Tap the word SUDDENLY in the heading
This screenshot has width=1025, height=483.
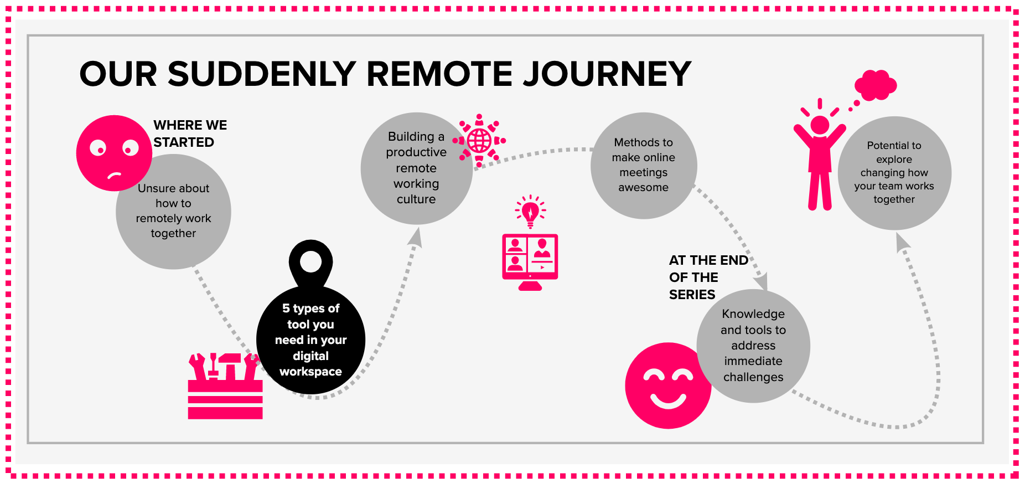262,74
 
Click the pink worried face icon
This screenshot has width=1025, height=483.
114,153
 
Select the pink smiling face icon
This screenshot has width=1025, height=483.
668,386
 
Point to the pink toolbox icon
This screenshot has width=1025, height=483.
225,386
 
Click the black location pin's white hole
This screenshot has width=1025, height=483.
310,261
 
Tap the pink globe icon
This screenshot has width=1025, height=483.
479,141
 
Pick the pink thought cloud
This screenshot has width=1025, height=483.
876,86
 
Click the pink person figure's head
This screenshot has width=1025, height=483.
820,125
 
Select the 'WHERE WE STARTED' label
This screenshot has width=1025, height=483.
190,133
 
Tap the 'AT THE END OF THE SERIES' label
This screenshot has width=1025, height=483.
708,277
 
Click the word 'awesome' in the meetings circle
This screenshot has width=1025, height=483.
643,187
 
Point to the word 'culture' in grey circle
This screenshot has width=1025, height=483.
416,199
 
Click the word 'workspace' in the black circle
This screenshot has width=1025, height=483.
310,372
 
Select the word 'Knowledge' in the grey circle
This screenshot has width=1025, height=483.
753,314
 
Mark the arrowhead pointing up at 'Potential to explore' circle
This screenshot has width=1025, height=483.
903,242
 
